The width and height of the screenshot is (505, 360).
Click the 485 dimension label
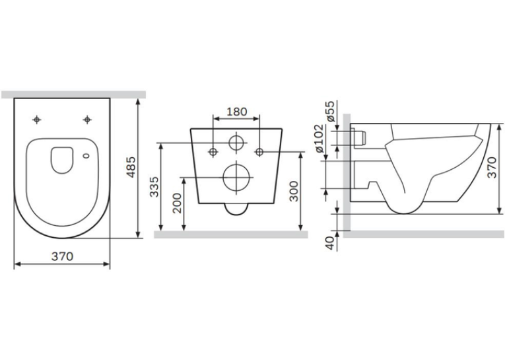click(131, 167)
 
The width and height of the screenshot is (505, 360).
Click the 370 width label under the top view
click(63, 256)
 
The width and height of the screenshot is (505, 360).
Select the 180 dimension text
click(237, 112)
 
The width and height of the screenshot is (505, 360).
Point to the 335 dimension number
click(154, 187)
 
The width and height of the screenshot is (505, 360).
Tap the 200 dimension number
click(177, 203)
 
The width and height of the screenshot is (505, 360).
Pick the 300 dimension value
click(293, 192)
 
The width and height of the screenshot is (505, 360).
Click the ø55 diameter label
click(330, 111)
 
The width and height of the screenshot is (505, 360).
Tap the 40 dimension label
click(330, 243)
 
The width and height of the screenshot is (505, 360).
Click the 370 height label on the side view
click(492, 168)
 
